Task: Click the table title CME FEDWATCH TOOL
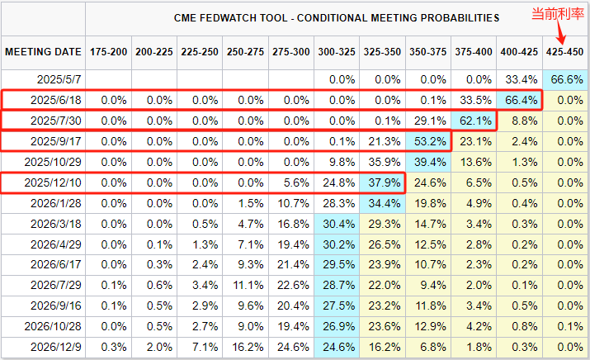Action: tap(337, 17)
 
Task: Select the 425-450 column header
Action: tap(565, 52)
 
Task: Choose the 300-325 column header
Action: tap(337, 52)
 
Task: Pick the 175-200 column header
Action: tap(108, 52)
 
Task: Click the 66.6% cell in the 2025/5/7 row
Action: tap(565, 79)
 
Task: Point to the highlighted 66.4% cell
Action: tap(520, 100)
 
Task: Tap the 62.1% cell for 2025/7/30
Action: tap(474, 121)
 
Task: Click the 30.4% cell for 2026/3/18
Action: tap(337, 224)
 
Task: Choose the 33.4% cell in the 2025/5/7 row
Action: tap(520, 79)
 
